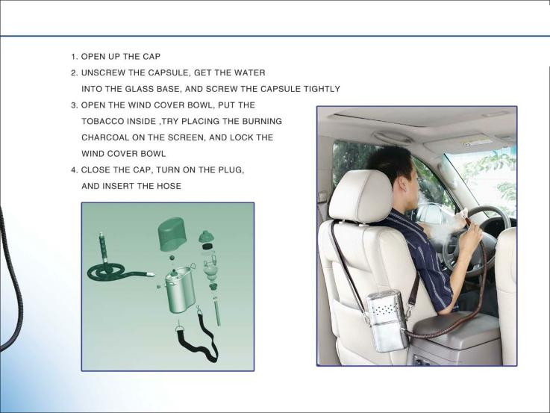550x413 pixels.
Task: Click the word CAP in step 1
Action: (x=151, y=57)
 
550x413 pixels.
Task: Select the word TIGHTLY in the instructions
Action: (x=322, y=89)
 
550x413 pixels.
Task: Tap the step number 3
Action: (x=74, y=105)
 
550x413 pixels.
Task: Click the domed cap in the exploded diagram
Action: (x=172, y=234)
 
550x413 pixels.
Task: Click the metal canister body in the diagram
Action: (x=180, y=291)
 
